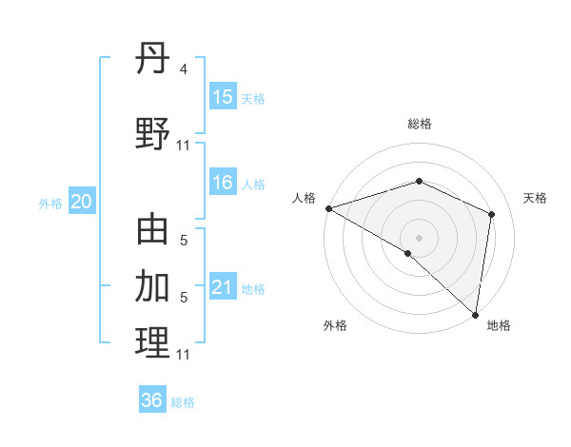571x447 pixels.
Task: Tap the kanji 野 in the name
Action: [152, 133]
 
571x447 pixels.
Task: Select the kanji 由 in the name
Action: [152, 231]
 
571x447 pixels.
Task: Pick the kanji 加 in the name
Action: [152, 286]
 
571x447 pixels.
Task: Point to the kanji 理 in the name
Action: [152, 342]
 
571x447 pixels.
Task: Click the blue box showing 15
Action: [223, 96]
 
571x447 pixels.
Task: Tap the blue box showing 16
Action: [223, 183]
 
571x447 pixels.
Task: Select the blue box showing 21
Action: [223, 287]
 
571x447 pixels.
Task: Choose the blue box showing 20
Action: [82, 202]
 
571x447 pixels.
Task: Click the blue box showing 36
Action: [152, 400]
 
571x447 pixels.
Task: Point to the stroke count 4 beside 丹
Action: [183, 68]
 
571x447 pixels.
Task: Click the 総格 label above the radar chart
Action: [420, 124]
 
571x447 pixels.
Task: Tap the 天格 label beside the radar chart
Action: [535, 198]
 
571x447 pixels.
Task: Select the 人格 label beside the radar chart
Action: [304, 198]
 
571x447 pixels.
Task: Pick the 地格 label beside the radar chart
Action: [499, 325]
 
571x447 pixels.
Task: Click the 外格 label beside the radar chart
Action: [335, 325]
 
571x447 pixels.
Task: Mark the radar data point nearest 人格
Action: [328, 208]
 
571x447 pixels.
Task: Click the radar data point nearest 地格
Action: [476, 314]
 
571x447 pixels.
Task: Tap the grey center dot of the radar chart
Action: [420, 237]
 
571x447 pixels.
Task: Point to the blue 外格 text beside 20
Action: [49, 203]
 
